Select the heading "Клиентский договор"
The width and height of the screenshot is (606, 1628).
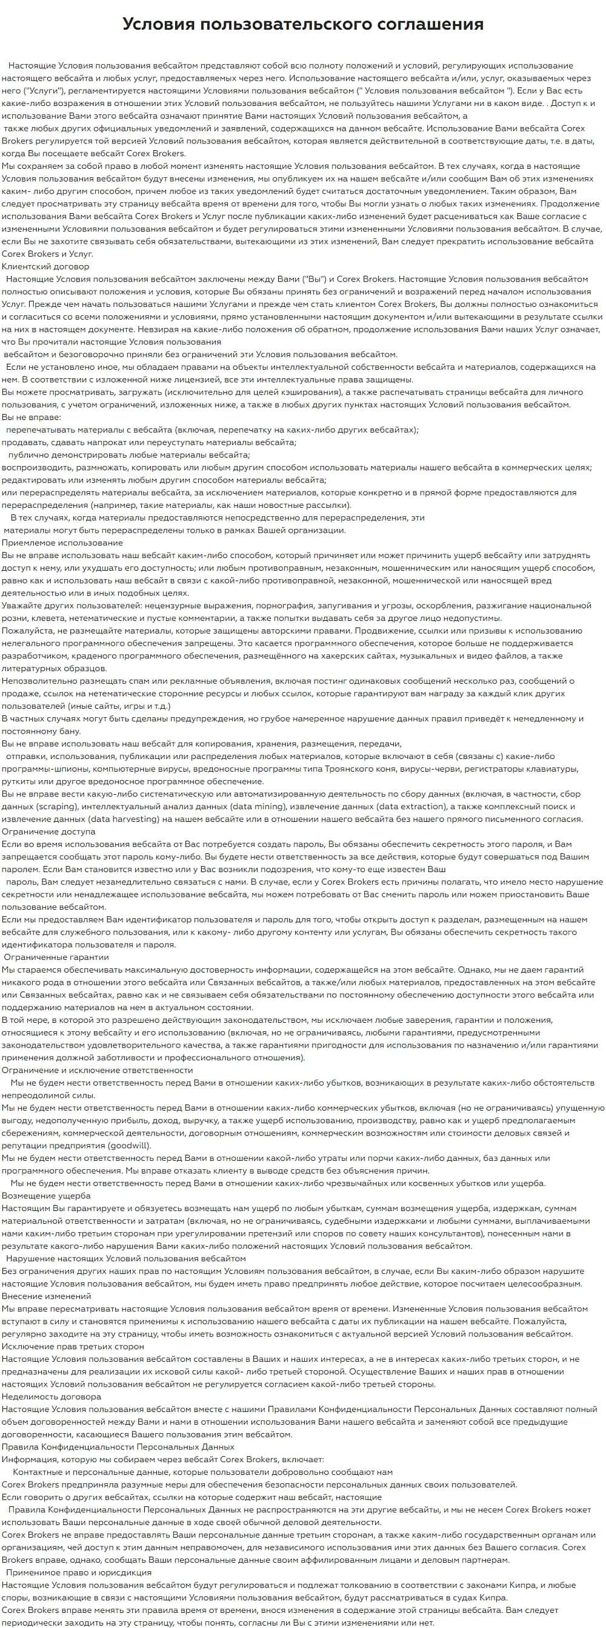tap(45, 266)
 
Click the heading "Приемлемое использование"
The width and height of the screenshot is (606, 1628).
tap(62, 542)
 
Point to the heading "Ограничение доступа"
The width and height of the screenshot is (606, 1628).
tap(48, 831)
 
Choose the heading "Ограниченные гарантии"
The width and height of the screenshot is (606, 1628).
tap(56, 957)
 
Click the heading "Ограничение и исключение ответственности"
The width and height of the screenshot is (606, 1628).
tap(98, 1070)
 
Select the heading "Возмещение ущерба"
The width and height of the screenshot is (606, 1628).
tap(46, 1195)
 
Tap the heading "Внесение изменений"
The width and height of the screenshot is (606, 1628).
tap(47, 1296)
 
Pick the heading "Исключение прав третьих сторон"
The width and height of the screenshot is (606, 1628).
tap(73, 1346)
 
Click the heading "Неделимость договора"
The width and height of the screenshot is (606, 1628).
tap(52, 1396)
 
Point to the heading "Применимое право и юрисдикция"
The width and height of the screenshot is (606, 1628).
tap(78, 1572)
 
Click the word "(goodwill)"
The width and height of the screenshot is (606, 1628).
tap(129, 1145)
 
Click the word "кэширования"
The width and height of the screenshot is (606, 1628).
tap(315, 392)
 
